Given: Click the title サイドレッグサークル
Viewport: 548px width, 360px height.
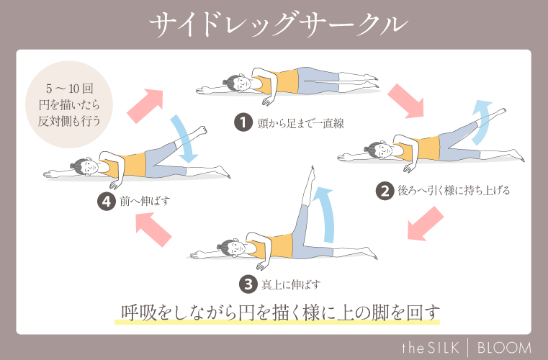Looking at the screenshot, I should tap(274, 24).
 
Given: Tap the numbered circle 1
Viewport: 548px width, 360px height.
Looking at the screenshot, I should tap(243, 122).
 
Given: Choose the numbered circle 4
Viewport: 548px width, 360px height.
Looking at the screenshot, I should tap(107, 201).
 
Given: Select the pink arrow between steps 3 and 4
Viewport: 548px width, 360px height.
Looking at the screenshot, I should tap(154, 232).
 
